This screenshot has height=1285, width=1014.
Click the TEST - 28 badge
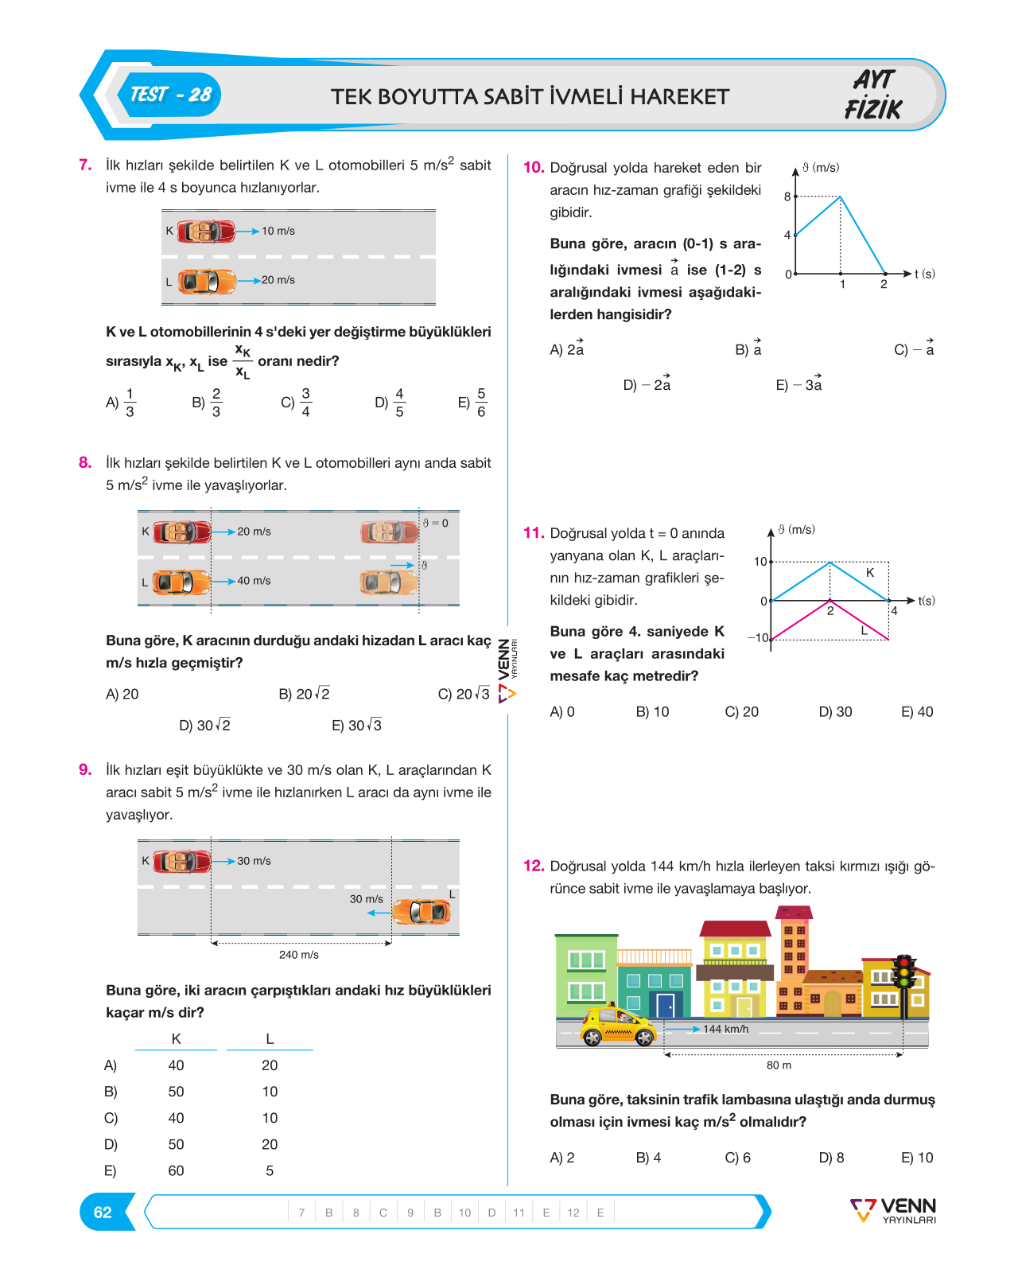[170, 95]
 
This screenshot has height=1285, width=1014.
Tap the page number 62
[103, 1212]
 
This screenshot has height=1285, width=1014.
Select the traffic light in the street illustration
[904, 985]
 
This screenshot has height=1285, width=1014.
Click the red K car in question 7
[207, 231]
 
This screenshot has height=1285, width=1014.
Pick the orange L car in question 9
[422, 912]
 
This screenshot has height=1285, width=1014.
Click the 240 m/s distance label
[298, 955]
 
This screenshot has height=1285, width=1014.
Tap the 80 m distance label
[779, 1065]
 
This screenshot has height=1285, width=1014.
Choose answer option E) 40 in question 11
[917, 712]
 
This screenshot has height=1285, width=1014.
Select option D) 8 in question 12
[831, 1158]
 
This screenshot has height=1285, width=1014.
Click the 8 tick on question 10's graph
[787, 197]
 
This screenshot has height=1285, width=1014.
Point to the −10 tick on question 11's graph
[758, 637]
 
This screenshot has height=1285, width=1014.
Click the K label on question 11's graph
[870, 573]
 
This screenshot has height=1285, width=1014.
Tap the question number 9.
[85, 769]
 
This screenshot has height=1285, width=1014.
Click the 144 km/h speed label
[725, 1029]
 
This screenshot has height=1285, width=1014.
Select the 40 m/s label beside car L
[254, 580]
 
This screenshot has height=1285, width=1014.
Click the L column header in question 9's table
[270, 1039]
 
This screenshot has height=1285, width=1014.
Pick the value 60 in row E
[176, 1170]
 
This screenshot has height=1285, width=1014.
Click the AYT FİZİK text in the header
[874, 95]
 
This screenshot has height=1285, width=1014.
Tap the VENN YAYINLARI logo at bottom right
[893, 1210]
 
